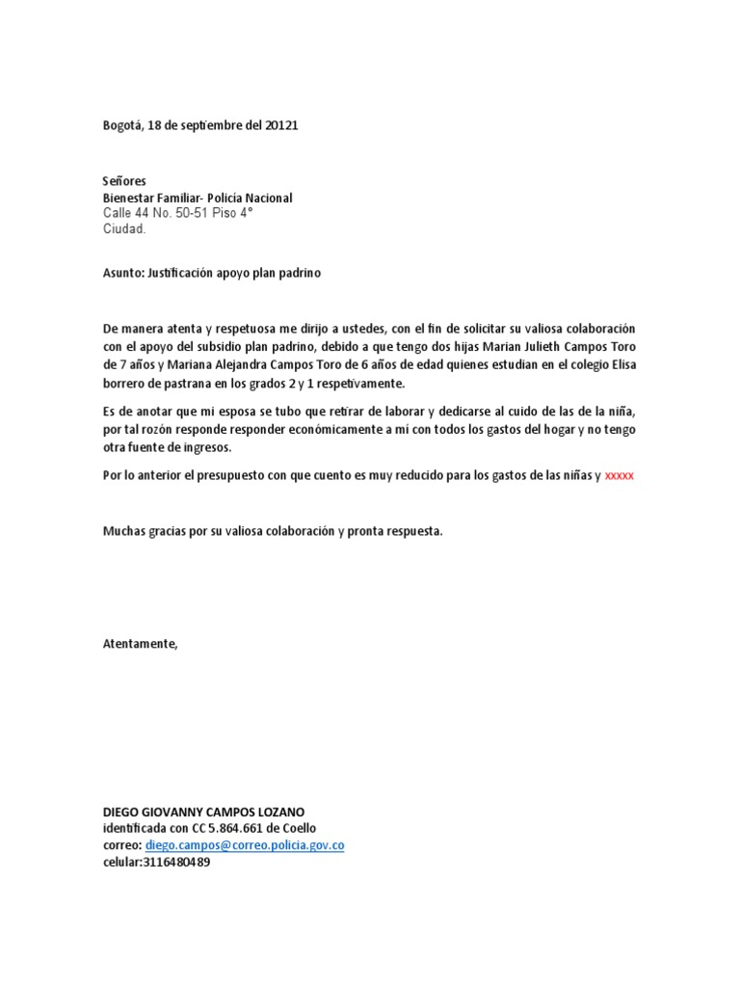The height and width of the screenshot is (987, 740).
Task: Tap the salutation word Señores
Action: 125,181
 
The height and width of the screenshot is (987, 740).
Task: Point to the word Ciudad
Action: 124,229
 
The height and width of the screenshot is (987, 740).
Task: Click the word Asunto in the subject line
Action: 122,273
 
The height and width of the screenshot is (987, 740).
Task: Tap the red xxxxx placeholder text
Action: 620,476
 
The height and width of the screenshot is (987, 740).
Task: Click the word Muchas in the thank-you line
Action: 124,531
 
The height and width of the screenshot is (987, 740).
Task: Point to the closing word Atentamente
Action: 141,644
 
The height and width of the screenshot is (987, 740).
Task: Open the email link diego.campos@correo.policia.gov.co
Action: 245,845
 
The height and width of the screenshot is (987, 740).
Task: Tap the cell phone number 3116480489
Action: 175,863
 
